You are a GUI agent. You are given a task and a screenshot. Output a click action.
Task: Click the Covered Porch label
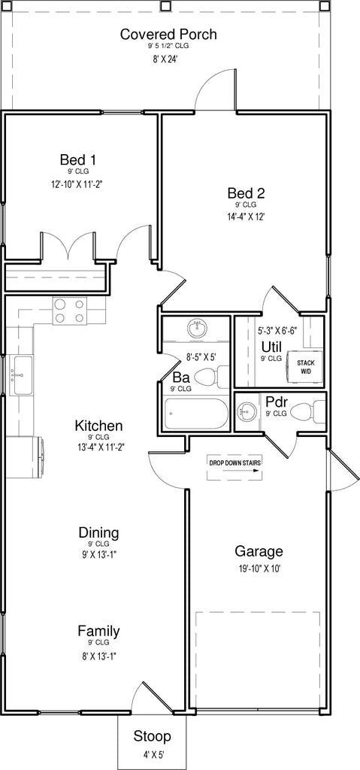(168, 35)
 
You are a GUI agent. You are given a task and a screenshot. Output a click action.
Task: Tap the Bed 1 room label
(77, 159)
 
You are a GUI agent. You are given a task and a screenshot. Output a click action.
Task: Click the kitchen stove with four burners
(69, 311)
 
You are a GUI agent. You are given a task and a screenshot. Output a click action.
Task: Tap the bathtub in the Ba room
(196, 414)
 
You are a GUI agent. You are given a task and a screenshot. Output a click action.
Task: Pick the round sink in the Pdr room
(247, 412)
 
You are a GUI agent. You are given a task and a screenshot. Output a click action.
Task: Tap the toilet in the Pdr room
(309, 411)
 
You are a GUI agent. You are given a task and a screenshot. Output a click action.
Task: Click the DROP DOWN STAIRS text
(235, 462)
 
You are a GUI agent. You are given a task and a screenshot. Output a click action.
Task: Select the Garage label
(259, 551)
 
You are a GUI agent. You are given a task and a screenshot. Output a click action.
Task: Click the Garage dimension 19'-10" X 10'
(259, 569)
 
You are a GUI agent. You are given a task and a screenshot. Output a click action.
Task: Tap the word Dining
(98, 533)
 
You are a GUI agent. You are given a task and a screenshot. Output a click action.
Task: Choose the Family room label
(98, 631)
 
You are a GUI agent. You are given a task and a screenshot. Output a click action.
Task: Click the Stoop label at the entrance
(153, 736)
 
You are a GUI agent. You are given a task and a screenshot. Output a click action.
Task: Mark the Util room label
(271, 347)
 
